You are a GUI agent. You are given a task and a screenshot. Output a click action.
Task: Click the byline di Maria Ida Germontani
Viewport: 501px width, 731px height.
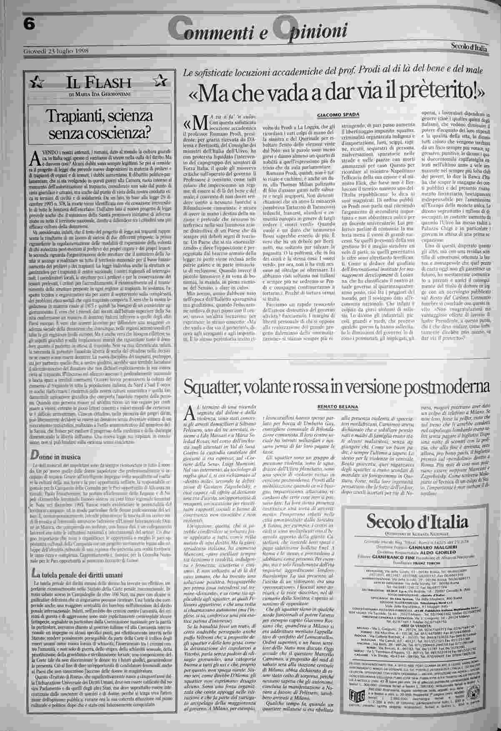(96, 94)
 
